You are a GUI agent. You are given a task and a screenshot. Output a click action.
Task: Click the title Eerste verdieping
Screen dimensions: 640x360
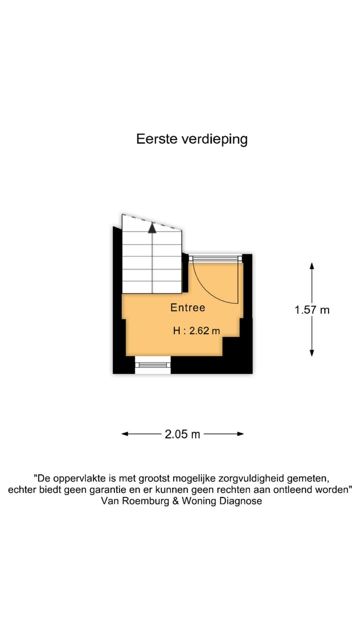pyautogui.click(x=192, y=139)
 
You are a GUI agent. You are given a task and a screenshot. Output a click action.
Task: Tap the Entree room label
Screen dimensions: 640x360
pyautogui.click(x=187, y=307)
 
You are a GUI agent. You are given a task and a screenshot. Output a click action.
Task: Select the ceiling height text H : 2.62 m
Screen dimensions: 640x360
pyautogui.click(x=196, y=330)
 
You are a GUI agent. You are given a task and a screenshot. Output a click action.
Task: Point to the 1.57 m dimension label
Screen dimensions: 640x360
pyautogui.click(x=312, y=309)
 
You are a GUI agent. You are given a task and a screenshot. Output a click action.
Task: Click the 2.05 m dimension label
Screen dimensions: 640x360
pyautogui.click(x=182, y=434)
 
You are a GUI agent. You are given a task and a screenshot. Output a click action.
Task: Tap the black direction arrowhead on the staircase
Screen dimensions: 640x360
pyautogui.click(x=152, y=228)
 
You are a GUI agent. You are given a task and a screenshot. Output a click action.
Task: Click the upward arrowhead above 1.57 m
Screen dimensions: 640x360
pyautogui.click(x=312, y=266)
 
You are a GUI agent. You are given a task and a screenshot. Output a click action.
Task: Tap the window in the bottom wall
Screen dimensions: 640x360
pyautogui.click(x=153, y=365)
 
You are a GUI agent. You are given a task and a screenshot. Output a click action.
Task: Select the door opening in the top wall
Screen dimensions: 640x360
pyautogui.click(x=215, y=258)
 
